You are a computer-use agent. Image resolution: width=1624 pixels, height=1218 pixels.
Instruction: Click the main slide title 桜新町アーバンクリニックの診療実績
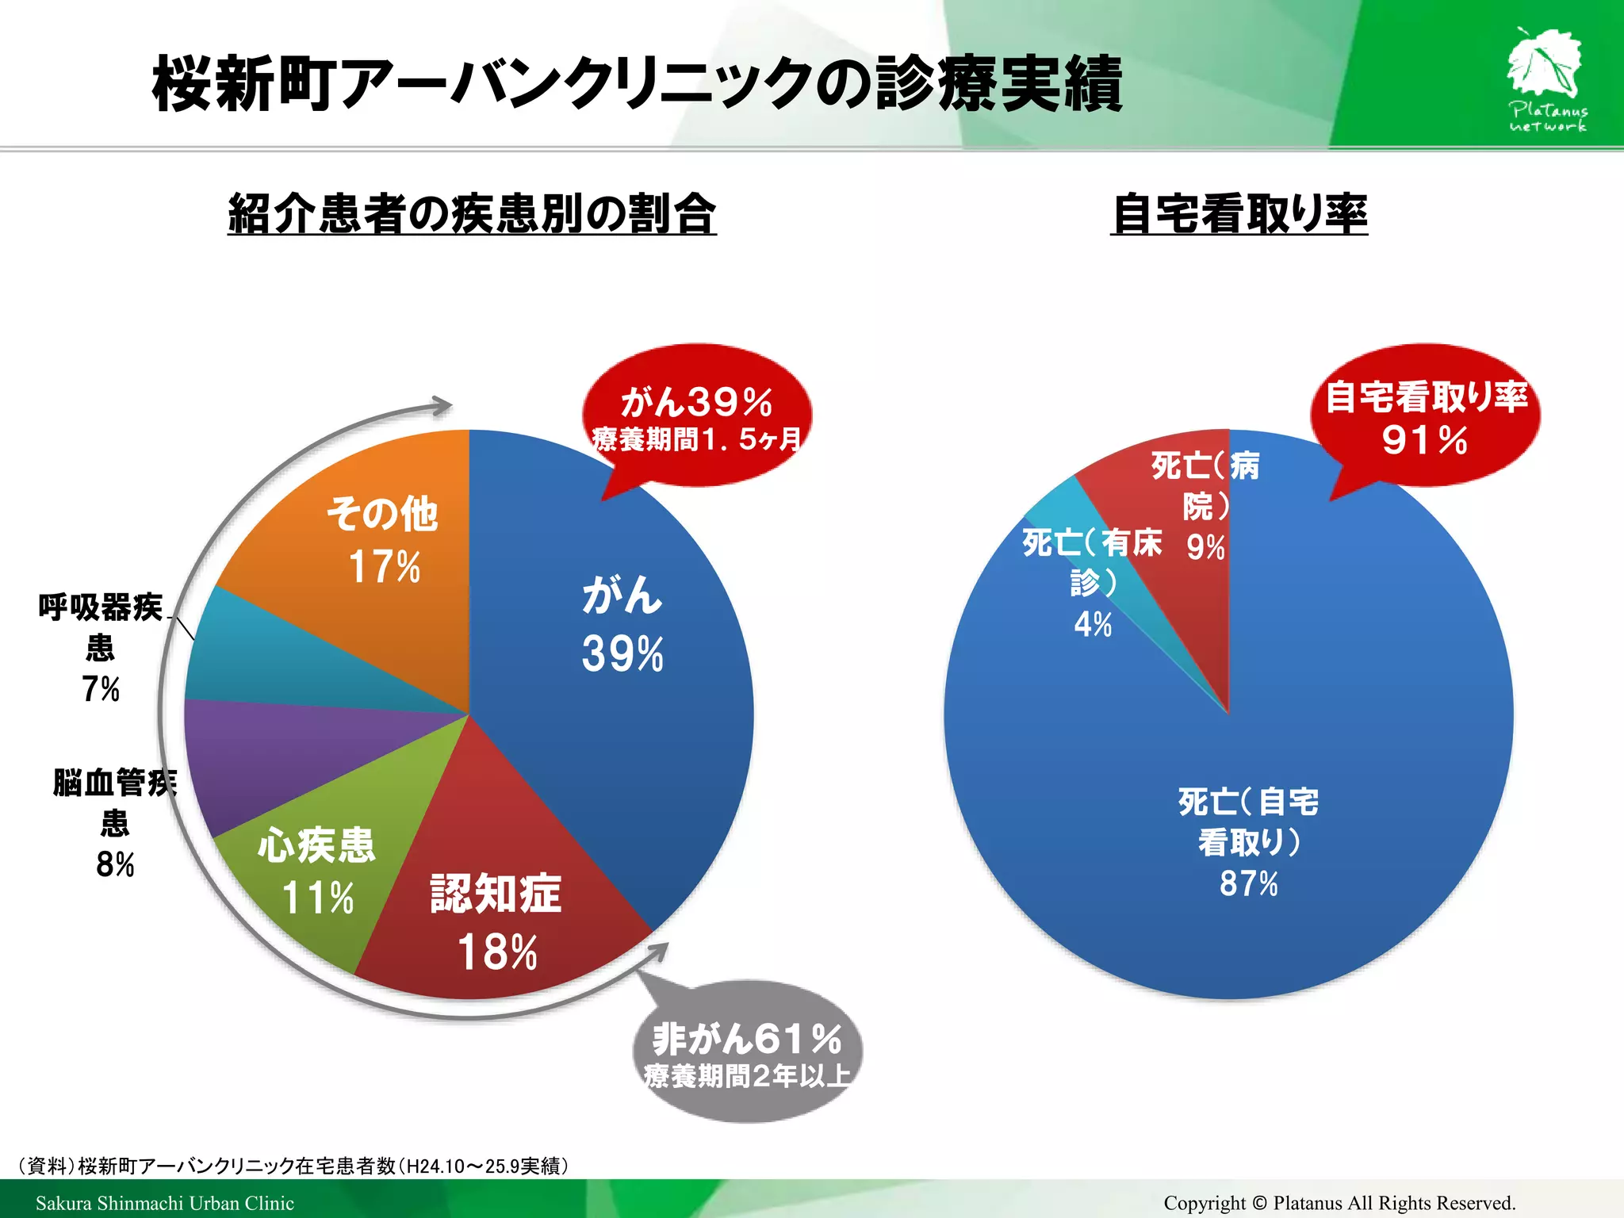coord(637,84)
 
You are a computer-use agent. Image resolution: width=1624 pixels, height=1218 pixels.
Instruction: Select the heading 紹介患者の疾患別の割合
coord(472,214)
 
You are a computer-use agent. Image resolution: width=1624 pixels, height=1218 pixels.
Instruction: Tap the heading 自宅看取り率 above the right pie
coord(1239,214)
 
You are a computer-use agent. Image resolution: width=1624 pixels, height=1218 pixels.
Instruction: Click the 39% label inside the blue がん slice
coord(622,655)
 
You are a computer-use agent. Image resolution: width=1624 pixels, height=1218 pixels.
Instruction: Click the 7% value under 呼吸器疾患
coord(101,689)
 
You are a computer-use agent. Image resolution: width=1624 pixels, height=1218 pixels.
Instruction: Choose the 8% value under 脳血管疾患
coord(115,864)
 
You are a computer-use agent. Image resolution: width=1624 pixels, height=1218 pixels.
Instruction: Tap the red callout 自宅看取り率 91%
coord(1425,417)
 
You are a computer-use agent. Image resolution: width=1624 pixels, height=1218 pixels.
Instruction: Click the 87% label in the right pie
coord(1248,883)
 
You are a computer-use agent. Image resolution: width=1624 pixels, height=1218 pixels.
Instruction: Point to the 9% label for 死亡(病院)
coord(1205,547)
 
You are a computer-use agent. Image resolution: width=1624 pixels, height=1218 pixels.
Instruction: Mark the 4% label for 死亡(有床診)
coord(1093,625)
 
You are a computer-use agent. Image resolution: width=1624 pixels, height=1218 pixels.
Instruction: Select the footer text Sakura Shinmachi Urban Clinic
coord(164,1203)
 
